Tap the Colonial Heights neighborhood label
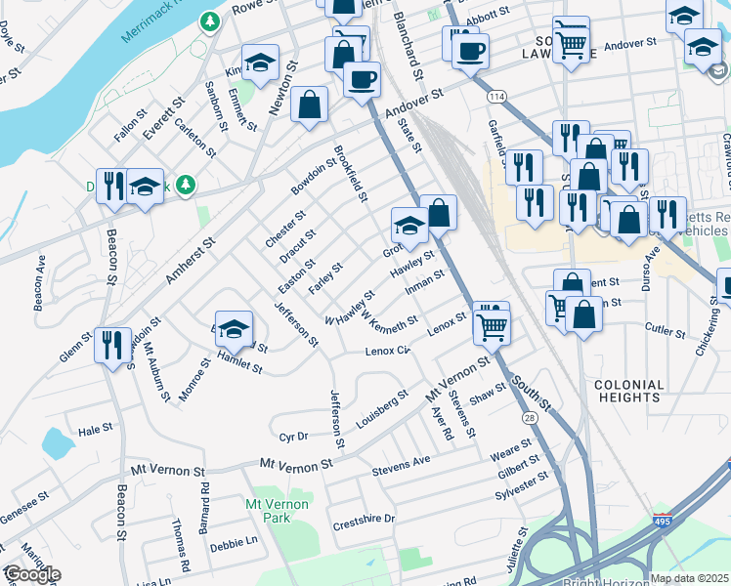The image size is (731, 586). (628, 392)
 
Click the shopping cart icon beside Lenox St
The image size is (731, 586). (492, 325)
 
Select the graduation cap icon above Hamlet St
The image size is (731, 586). (235, 331)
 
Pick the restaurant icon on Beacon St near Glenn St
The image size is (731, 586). (111, 344)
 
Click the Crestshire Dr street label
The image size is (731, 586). (363, 519)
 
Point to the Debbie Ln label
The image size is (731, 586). (233, 541)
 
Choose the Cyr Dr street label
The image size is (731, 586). (293, 437)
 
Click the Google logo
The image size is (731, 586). (31, 574)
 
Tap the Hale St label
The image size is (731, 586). (96, 430)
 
